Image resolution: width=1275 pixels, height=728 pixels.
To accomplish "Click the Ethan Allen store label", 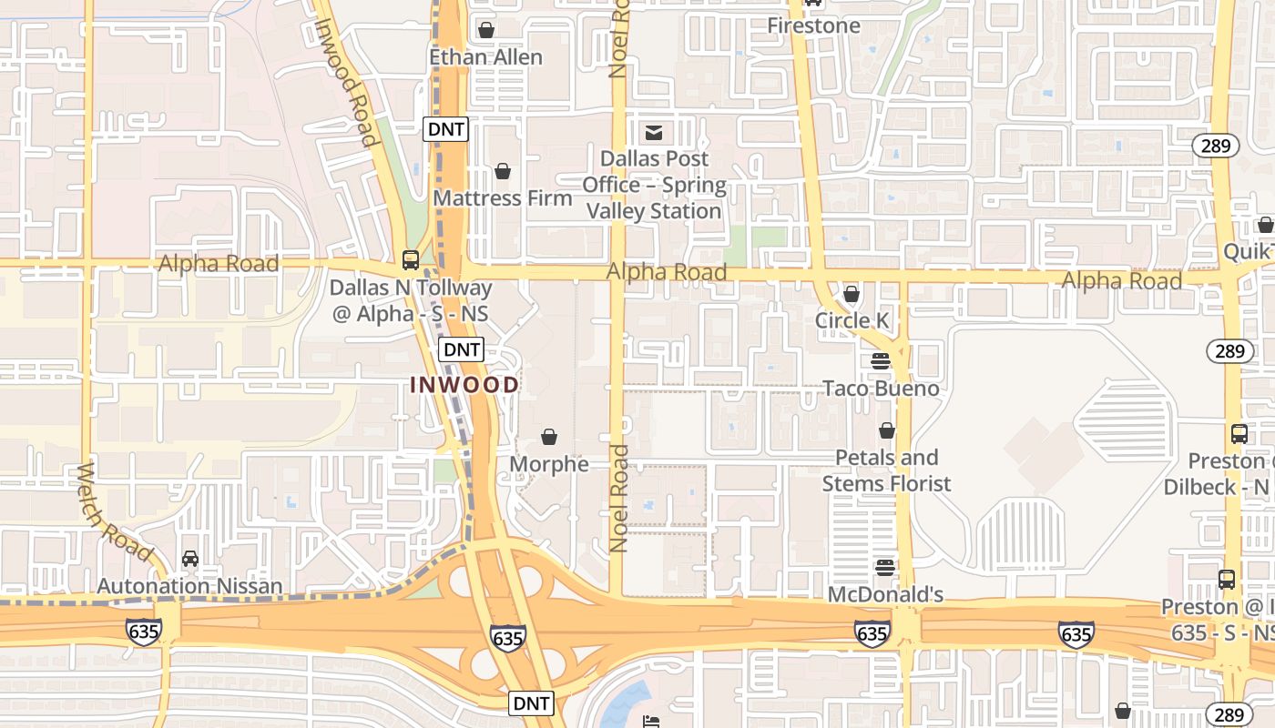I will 485,57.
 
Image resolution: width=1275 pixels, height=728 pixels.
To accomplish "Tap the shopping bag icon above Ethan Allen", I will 486,30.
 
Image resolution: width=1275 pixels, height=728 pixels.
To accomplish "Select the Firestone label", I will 813,25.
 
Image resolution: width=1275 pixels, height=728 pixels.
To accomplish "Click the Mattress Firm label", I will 503,198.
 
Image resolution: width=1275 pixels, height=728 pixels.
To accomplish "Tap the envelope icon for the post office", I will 653,133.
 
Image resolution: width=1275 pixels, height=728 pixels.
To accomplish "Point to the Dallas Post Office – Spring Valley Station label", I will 654,185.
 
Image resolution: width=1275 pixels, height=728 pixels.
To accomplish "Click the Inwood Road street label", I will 345,82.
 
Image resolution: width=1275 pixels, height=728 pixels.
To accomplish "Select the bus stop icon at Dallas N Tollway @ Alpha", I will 411,260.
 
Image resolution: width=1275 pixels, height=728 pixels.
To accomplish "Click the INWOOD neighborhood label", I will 464,385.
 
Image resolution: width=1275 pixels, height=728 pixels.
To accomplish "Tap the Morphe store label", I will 549,464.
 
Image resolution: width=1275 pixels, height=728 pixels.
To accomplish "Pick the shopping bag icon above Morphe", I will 549,438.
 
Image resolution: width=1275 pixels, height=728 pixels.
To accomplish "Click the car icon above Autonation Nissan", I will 189,558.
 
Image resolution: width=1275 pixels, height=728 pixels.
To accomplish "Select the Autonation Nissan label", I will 189,585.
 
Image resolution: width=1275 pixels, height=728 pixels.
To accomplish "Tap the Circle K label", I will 851,320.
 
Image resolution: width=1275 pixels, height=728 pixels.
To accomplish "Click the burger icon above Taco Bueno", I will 880,360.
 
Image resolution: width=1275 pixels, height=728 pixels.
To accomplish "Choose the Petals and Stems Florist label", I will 886,470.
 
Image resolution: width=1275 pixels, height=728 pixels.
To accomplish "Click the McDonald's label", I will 884,595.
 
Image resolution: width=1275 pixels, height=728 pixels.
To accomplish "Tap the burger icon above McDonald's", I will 884,568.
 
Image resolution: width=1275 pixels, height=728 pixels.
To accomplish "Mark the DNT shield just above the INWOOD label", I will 461,349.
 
